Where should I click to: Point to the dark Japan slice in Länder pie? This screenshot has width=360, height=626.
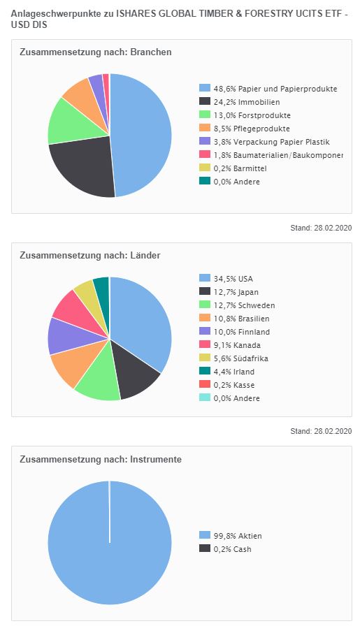pos(134,373)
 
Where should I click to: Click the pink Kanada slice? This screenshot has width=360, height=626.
pos(78,314)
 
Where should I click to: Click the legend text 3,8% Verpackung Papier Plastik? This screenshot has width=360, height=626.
pos(271,142)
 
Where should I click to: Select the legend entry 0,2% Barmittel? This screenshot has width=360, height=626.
pos(240,168)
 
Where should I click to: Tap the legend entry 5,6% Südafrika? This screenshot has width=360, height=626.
pos(240,358)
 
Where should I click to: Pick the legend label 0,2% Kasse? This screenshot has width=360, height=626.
pos(233,385)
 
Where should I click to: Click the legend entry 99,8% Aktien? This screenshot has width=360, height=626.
pos(238,536)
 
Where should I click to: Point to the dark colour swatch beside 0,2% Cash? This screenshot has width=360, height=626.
pos(205,548)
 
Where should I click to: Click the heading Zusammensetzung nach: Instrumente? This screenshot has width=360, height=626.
pos(101,459)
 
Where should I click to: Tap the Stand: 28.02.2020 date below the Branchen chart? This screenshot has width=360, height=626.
pos(321,228)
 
